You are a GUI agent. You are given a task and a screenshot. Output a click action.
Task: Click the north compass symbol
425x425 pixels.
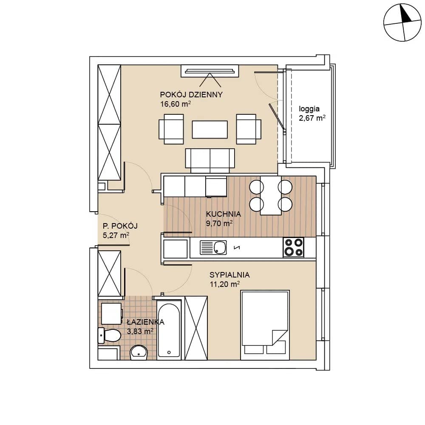tap(402, 23)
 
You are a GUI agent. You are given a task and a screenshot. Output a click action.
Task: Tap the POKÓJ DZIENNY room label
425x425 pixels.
tap(191, 95)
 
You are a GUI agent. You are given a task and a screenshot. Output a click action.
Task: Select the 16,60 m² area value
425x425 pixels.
tap(176, 104)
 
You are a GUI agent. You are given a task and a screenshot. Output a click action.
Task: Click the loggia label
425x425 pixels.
tap(309, 109)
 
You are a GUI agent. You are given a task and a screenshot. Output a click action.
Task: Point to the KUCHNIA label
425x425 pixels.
tap(224, 214)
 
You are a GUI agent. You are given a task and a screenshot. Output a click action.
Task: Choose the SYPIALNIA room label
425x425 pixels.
tap(229, 275)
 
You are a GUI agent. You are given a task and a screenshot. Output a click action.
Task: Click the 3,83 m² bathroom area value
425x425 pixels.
tap(140, 331)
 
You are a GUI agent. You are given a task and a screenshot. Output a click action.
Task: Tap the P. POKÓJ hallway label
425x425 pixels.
tap(120, 226)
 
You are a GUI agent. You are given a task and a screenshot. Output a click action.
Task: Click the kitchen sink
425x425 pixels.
tap(213, 248)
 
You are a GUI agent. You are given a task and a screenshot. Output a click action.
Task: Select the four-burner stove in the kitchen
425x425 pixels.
tap(293, 247)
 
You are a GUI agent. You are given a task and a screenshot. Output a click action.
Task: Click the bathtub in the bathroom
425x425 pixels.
tap(169, 330)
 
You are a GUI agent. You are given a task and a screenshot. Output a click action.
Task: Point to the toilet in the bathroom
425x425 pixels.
tap(109, 335)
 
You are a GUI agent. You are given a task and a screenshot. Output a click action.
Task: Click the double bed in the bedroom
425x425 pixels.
tap(265, 325)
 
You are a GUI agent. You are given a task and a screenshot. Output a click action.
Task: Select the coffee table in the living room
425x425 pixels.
tap(210, 130)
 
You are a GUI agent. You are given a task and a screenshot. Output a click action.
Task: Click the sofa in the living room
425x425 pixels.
tap(210, 161)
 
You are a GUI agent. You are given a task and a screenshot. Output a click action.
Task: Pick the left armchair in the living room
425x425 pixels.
tap(171, 129)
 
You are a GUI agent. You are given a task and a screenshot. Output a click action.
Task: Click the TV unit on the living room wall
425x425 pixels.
tap(210, 71)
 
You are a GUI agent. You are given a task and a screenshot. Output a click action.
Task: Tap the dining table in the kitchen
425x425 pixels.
tap(271, 195)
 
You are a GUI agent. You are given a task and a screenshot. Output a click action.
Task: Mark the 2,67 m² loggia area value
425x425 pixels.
tap(312, 118)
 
